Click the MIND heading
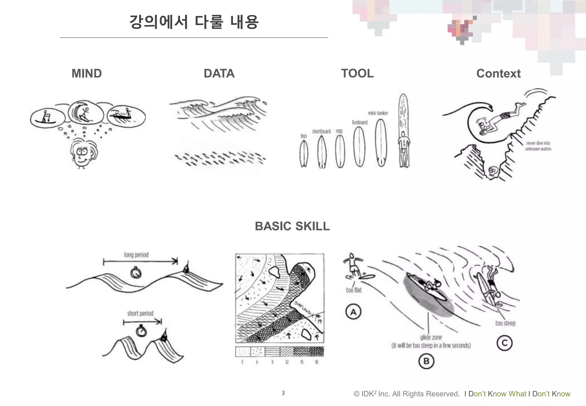click(86, 74)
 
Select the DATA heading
click(219, 74)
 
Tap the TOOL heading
click(357, 74)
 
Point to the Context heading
click(498, 74)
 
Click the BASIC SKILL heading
click(292, 226)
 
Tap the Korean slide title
click(194, 22)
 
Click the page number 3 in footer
click(283, 393)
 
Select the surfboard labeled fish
click(304, 154)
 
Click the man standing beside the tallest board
click(403, 149)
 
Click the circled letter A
click(353, 312)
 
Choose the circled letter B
click(426, 361)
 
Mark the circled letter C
click(504, 343)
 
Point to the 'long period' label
click(136, 255)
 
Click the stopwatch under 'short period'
click(141, 331)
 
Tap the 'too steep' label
click(505, 323)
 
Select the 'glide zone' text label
click(431, 338)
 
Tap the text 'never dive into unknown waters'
click(538, 146)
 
